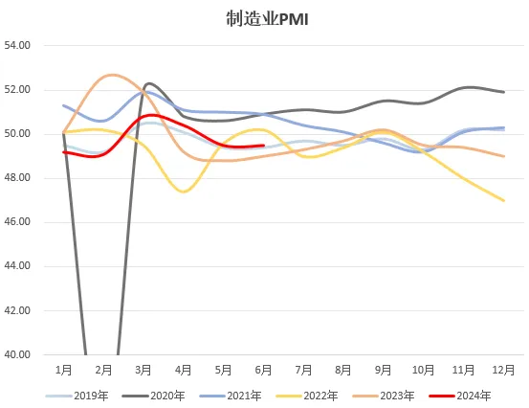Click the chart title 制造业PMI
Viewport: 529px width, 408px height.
pos(267,19)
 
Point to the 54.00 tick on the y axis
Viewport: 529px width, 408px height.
pos(17,45)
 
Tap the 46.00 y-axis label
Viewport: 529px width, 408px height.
pos(17,222)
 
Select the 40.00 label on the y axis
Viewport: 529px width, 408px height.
pos(17,354)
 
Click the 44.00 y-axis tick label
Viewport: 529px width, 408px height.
pos(17,266)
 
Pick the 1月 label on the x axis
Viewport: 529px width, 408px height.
pos(64,371)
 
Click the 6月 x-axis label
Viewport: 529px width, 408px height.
pos(263,371)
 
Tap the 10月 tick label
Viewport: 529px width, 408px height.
pos(424,371)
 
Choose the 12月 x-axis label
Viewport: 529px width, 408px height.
pos(504,371)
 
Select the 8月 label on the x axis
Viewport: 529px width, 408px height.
pos(343,371)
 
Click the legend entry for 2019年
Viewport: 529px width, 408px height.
pos(77,396)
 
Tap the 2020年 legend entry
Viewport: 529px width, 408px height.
pos(154,396)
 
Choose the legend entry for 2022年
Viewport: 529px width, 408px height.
pos(307,396)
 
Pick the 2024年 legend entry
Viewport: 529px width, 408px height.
pos(460,396)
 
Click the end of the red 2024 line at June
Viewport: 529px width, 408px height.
pos(263,146)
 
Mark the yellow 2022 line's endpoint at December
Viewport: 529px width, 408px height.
pos(504,200)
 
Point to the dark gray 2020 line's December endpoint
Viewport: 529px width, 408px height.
pos(504,92)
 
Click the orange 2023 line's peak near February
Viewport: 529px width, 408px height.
pos(113,75)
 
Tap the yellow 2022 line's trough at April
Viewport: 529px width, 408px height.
pos(184,192)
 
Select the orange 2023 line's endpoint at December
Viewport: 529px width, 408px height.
pos(504,156)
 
